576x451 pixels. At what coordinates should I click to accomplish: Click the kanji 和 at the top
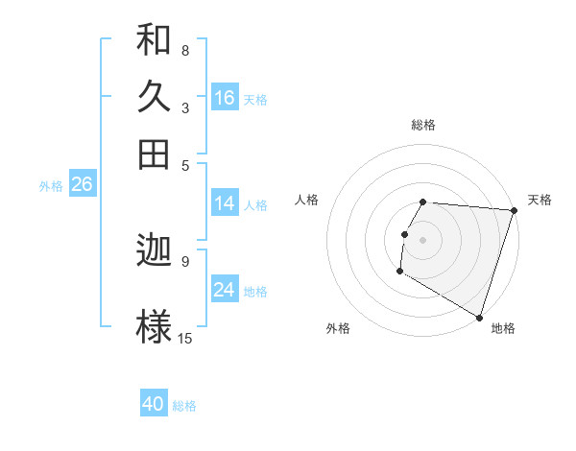pyautogui.click(x=155, y=40)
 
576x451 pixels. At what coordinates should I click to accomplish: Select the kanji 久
pyautogui.click(x=155, y=97)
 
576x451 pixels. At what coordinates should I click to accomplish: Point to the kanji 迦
pyautogui.click(x=155, y=251)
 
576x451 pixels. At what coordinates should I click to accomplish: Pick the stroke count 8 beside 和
pyautogui.click(x=184, y=50)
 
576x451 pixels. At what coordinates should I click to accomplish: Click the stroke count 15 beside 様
pyautogui.click(x=185, y=338)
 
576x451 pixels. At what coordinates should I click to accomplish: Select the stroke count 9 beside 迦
pyautogui.click(x=184, y=260)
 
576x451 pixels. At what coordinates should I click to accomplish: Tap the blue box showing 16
pyautogui.click(x=225, y=98)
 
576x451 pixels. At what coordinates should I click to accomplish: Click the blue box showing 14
pyautogui.click(x=225, y=203)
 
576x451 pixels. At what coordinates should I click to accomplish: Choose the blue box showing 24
pyautogui.click(x=225, y=290)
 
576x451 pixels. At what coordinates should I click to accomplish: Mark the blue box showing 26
pyautogui.click(x=82, y=185)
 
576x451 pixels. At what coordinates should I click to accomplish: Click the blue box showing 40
pyautogui.click(x=154, y=404)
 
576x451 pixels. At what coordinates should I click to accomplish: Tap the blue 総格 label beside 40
pyautogui.click(x=184, y=406)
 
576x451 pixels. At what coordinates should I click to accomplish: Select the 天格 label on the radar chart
pyautogui.click(x=540, y=200)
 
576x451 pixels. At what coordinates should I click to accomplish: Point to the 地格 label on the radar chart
pyautogui.click(x=503, y=328)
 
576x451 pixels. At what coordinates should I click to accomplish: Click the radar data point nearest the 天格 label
pyautogui.click(x=514, y=210)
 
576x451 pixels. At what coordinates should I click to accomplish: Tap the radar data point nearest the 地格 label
pyautogui.click(x=479, y=316)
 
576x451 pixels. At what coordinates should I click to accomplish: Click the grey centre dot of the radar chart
pyautogui.click(x=423, y=239)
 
